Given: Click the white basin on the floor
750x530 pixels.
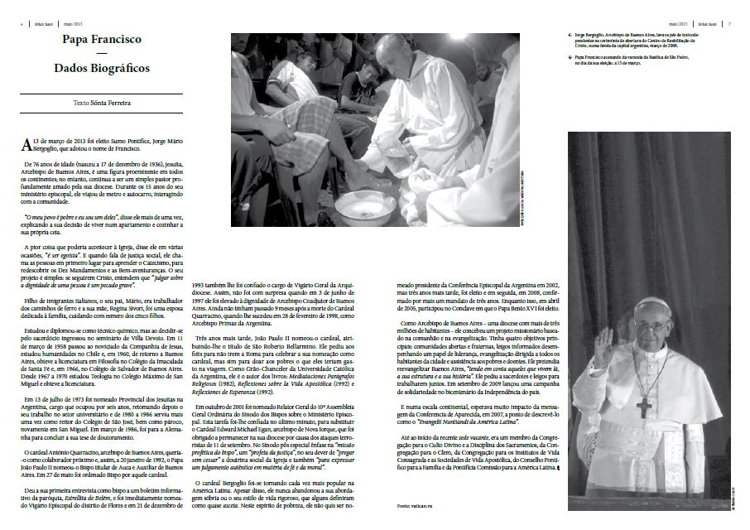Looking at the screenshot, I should tap(365, 207).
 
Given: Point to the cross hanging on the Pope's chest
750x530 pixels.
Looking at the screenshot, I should tap(644, 407).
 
